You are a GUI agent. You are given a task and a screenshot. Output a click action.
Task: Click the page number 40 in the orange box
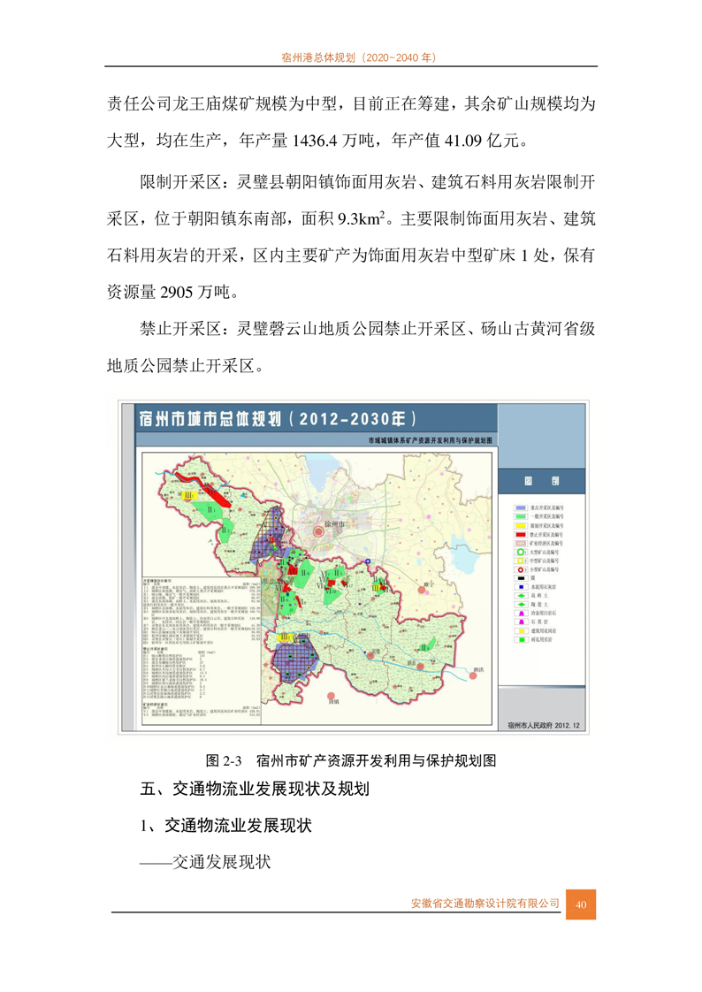(x=581, y=904)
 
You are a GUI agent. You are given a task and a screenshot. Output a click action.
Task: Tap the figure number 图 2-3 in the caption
(x=224, y=759)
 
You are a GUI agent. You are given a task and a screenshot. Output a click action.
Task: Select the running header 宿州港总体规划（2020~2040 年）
(x=350, y=57)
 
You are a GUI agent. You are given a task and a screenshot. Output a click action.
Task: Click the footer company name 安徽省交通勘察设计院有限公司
(x=485, y=904)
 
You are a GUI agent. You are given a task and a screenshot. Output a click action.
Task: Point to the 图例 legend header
(x=540, y=482)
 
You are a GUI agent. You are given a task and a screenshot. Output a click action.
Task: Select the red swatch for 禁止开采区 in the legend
(x=522, y=533)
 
